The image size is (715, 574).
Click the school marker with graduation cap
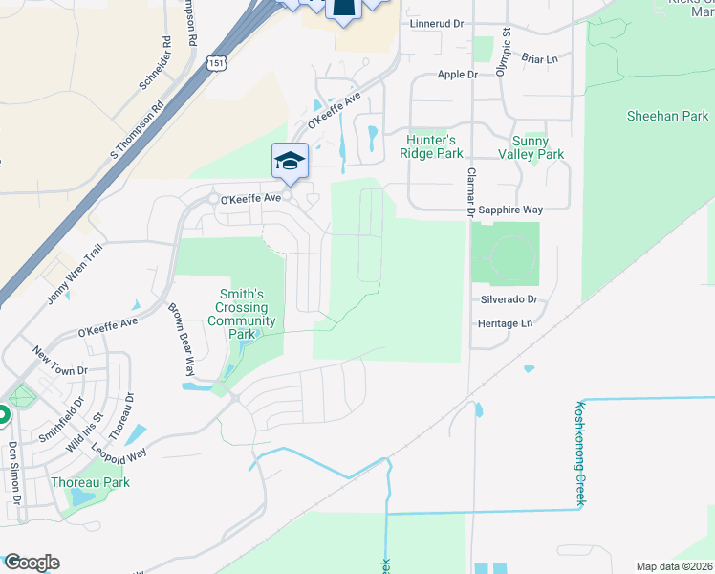pyautogui.click(x=290, y=161)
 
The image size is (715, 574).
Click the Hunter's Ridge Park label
pyautogui.click(x=435, y=146)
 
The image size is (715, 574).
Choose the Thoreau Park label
pyautogui.click(x=90, y=482)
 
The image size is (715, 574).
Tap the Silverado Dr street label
pyautogui.click(x=509, y=299)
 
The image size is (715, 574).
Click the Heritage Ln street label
pyautogui.click(x=505, y=323)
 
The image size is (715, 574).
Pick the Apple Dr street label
pyautogui.click(x=457, y=74)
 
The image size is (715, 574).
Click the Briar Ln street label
pyautogui.click(x=540, y=58)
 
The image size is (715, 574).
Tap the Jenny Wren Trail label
pyautogui.click(x=74, y=275)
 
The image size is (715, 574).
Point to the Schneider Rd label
pyautogui.click(x=154, y=63)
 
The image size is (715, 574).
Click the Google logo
pyautogui.click(x=32, y=563)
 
